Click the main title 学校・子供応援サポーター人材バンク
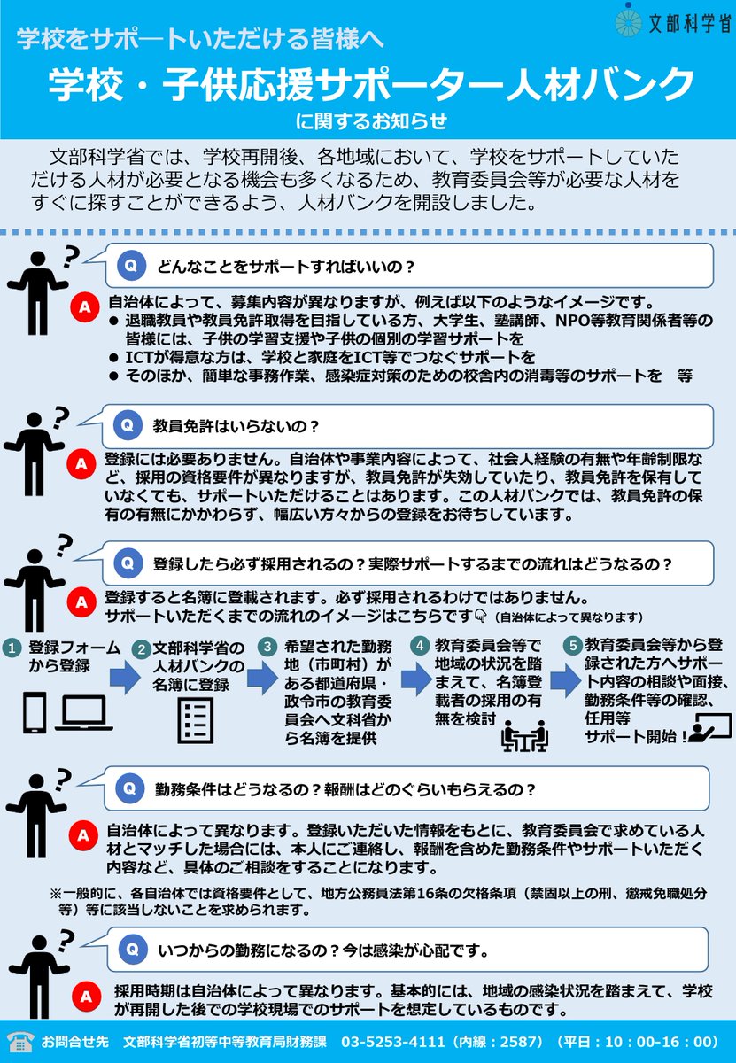tap(369, 87)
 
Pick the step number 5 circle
tap(572, 646)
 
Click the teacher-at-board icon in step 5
tap(711, 729)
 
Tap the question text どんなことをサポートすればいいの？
tap(287, 266)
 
